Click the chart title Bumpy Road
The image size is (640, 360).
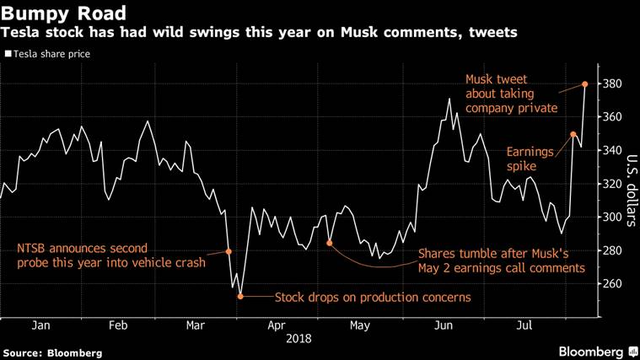64,13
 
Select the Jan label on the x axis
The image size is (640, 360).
40,325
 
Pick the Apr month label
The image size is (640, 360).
277,325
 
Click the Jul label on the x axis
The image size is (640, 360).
524,325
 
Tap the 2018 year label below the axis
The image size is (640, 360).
298,339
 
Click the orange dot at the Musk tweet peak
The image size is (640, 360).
585,84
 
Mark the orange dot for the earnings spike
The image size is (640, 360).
573,134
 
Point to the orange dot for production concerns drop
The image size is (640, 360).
240,297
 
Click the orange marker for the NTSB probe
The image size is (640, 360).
229,251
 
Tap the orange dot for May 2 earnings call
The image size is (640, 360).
330,243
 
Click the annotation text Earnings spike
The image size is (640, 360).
530,159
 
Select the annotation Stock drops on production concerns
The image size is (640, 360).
373,297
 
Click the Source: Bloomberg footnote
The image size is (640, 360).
52,352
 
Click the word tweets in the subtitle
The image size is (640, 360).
488,33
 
